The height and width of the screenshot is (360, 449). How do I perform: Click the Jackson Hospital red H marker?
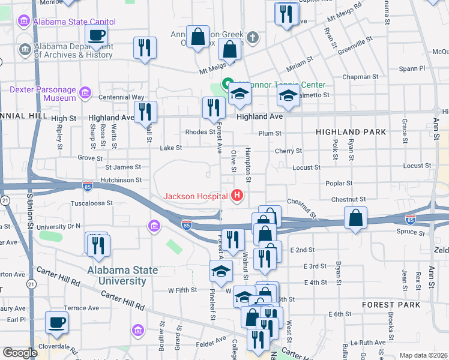point(238,196)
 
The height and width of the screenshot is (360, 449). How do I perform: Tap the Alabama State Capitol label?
point(74,22)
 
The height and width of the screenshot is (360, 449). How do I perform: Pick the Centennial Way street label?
point(122,97)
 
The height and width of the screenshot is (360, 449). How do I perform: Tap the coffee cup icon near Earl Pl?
point(57,323)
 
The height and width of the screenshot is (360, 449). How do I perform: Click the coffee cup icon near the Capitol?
point(96,35)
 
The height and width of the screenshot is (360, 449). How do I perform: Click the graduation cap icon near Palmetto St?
point(288,96)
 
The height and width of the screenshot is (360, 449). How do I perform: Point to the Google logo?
point(20,353)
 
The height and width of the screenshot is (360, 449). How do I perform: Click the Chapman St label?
point(359,77)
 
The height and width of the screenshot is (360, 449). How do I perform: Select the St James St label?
point(123,167)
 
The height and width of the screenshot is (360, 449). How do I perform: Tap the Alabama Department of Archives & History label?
point(73,50)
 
